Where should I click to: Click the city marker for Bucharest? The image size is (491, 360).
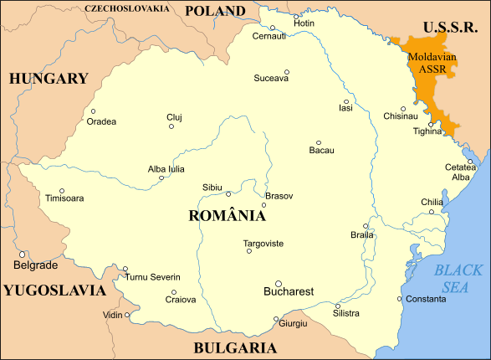tap(279, 283)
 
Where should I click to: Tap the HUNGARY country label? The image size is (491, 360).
tap(49, 79)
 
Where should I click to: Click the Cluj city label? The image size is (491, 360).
tap(173, 116)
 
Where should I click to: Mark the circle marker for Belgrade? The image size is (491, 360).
tap(23, 255)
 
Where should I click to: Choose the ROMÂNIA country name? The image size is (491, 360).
tap(228, 215)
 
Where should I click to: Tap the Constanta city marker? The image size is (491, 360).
tap(399, 299)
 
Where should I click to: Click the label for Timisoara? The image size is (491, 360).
tap(64, 199)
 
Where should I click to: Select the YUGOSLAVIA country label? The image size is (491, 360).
tap(54, 291)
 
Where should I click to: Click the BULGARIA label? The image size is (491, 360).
tap(235, 347)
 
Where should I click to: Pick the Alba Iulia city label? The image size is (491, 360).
tap(166, 168)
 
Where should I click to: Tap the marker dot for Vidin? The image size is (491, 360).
tap(127, 316)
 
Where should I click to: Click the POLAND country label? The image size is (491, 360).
tap(215, 11)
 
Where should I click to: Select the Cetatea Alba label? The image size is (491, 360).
tap(461, 172)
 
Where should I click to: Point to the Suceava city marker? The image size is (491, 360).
tap(286, 71)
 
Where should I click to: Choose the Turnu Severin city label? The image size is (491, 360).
tap(152, 277)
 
